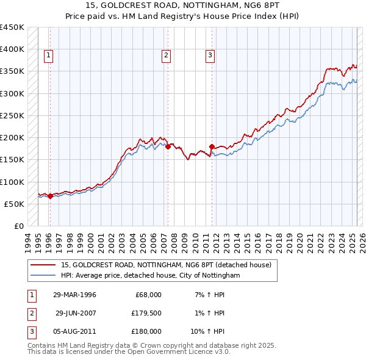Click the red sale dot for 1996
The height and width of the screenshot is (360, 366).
(x=50, y=196)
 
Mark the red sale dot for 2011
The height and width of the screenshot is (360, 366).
(x=212, y=147)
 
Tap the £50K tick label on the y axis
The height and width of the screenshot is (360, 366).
(x=15, y=204)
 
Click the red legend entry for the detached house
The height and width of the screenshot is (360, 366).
(x=169, y=265)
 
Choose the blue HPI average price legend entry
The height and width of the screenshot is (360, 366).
(x=151, y=276)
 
